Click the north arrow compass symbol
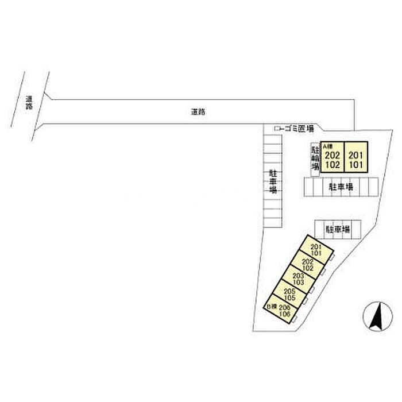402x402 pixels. (376, 318)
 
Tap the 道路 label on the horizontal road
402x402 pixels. (198, 113)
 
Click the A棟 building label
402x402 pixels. (327, 146)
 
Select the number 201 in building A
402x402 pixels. (356, 155)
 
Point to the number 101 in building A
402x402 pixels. (356, 164)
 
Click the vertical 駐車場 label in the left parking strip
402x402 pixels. (273, 181)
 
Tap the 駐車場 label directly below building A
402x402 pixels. (340, 187)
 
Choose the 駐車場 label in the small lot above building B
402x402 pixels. (338, 229)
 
